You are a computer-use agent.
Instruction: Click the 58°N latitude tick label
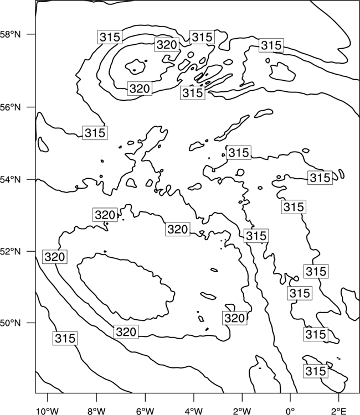point(11,34)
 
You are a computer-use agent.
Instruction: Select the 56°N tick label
point(11,107)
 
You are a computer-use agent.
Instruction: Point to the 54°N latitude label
point(11,180)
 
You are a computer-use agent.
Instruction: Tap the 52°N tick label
point(11,251)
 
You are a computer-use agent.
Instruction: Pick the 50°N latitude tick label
point(11,323)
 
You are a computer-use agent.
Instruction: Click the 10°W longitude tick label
point(48,411)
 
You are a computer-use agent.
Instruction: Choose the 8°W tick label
point(96,411)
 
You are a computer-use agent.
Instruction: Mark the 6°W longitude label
point(145,411)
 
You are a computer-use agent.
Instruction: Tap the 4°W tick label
point(194,411)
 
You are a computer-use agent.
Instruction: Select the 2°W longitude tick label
point(242,411)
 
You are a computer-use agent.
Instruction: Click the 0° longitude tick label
point(290,411)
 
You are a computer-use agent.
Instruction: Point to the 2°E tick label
point(339,411)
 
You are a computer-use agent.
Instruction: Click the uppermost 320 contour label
point(167,45)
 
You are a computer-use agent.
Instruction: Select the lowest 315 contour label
point(316,371)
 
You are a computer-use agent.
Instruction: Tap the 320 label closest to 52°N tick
point(55,257)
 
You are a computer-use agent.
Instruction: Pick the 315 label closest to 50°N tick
point(65,338)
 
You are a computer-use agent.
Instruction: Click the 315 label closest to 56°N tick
point(95,133)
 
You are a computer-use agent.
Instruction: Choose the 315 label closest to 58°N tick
point(110,37)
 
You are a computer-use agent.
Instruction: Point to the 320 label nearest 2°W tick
point(234,318)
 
